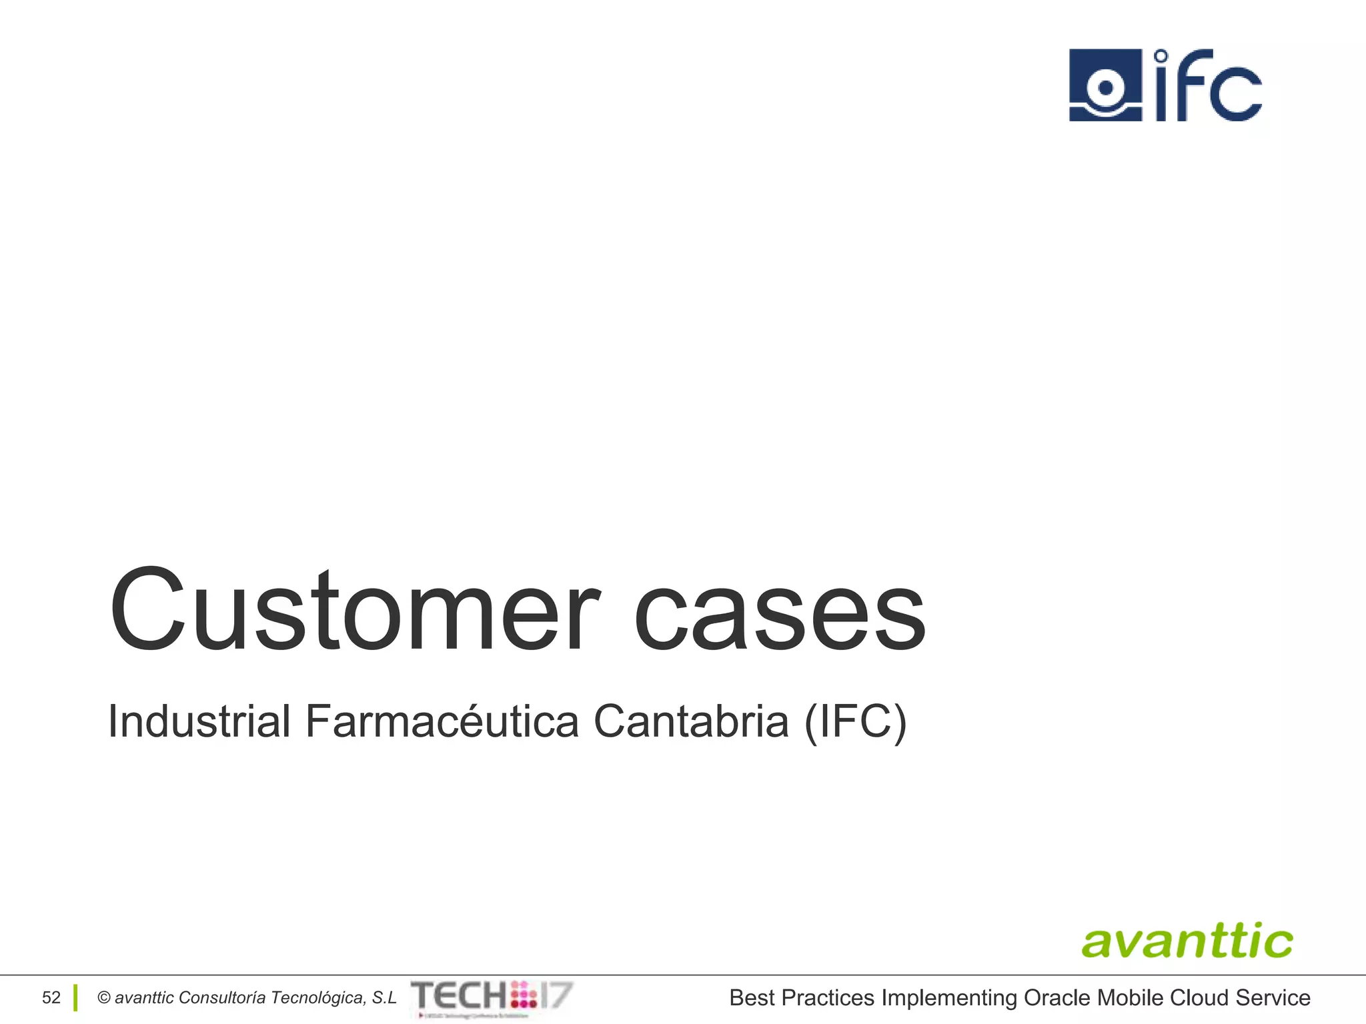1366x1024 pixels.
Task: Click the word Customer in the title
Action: pyautogui.click(x=354, y=610)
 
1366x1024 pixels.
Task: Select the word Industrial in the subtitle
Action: pyautogui.click(x=199, y=721)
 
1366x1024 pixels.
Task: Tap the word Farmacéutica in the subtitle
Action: pyautogui.click(x=442, y=723)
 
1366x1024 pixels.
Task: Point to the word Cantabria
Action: pyautogui.click(x=691, y=721)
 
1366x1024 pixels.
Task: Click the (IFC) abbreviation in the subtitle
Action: pyautogui.click(x=856, y=723)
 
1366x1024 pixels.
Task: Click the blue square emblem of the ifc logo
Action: pyautogui.click(x=1105, y=85)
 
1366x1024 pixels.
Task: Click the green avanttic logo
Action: pyautogui.click(x=1187, y=941)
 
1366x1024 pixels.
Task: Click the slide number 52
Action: pyautogui.click(x=51, y=998)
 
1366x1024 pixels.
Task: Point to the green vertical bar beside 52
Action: pyautogui.click(x=75, y=998)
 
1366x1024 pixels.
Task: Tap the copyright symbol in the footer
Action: pyautogui.click(x=103, y=998)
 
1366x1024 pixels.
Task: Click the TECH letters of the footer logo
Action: pyautogui.click(x=459, y=996)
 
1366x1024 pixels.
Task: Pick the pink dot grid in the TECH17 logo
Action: pyautogui.click(x=524, y=995)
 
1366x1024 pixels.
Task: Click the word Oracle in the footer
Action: pyautogui.click(x=1057, y=998)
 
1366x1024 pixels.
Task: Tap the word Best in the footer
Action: pyautogui.click(x=752, y=998)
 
